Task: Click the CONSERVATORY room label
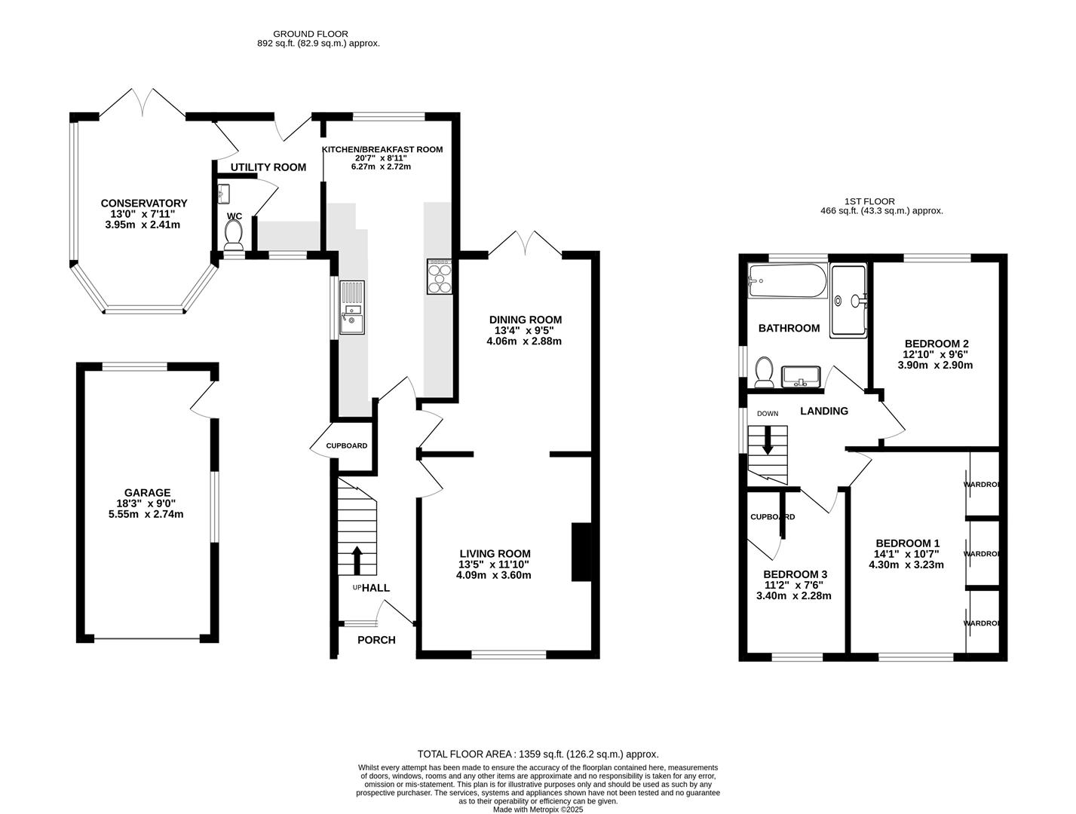(x=143, y=203)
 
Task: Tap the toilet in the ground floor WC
(x=234, y=234)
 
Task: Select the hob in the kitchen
(x=440, y=276)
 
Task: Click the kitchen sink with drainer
(x=351, y=307)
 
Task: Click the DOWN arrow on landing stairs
(x=768, y=441)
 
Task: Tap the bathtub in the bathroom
(x=787, y=281)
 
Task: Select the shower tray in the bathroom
(x=849, y=300)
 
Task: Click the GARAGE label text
(x=148, y=493)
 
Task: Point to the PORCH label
(x=376, y=640)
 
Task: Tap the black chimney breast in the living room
(x=581, y=552)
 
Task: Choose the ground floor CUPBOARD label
(x=346, y=445)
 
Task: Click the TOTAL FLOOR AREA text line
(x=538, y=754)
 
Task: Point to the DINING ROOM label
(x=526, y=320)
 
